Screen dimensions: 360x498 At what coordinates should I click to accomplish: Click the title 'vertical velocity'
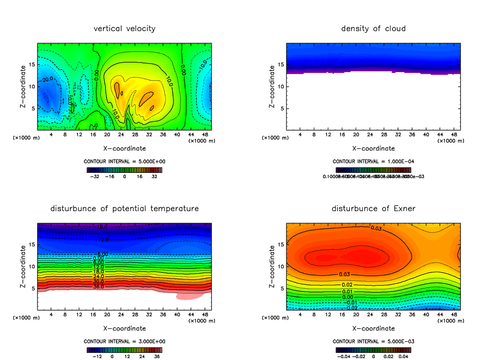click(124, 29)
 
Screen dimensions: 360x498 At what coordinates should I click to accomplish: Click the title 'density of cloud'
click(373, 29)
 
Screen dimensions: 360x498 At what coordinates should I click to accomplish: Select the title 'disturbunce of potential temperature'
click(124, 208)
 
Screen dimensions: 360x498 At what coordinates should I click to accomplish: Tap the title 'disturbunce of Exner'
click(373, 208)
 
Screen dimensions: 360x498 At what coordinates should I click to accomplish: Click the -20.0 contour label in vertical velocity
click(47, 79)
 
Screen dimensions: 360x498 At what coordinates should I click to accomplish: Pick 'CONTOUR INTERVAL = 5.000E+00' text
click(124, 161)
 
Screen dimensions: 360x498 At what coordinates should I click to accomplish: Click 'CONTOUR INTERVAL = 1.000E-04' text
click(373, 161)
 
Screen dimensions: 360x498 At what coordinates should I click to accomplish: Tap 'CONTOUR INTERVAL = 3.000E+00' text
click(124, 341)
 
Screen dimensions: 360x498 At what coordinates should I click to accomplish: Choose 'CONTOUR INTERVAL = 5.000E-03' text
click(373, 341)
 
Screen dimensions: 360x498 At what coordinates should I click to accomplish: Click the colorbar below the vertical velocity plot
click(124, 170)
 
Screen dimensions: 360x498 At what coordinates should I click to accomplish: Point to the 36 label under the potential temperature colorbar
click(156, 356)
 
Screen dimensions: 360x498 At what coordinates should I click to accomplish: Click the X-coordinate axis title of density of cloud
click(373, 148)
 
